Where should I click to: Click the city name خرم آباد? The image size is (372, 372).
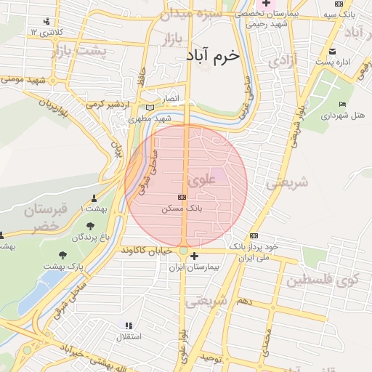[212, 55]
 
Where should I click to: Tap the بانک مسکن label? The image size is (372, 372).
[182, 208]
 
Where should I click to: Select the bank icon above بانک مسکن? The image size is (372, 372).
[182, 197]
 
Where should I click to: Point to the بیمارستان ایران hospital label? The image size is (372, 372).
[193, 267]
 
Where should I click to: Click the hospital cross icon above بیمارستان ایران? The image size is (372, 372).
[194, 255]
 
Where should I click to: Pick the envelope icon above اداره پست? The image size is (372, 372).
[332, 51]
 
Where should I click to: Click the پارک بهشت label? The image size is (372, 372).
[63, 267]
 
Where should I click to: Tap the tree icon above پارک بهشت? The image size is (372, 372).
[62, 255]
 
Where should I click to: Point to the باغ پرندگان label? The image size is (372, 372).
[90, 238]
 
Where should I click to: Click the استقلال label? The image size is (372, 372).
[129, 337]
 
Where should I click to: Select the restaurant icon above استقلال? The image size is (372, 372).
[129, 326]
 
